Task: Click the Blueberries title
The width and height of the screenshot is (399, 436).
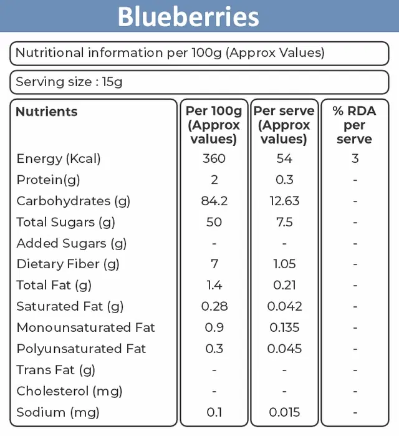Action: (x=188, y=17)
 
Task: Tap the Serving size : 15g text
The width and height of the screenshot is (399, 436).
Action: (x=69, y=82)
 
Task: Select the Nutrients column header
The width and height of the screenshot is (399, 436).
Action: (x=46, y=112)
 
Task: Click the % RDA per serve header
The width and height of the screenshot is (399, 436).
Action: (x=354, y=125)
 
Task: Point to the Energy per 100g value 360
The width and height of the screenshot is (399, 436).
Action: (x=214, y=158)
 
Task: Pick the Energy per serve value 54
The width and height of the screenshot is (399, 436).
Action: (x=284, y=158)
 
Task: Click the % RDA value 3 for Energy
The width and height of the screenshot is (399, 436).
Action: (x=355, y=158)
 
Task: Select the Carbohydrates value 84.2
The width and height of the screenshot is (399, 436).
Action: (x=214, y=201)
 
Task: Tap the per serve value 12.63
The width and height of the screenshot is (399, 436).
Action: (x=284, y=201)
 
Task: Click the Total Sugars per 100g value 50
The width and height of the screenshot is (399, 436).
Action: (x=214, y=222)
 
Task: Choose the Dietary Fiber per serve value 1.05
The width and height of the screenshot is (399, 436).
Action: (x=284, y=264)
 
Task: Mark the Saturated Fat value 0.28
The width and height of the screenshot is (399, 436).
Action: (x=214, y=306)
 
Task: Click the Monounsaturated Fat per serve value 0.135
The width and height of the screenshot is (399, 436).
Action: (x=284, y=327)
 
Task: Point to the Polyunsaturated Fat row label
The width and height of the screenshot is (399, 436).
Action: (x=81, y=349)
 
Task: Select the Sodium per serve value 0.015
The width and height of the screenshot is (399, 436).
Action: (x=284, y=412)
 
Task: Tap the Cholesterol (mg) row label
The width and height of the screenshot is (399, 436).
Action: (x=69, y=391)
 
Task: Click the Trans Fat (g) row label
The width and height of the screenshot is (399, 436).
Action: (x=56, y=370)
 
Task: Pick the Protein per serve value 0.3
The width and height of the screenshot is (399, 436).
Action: (x=284, y=180)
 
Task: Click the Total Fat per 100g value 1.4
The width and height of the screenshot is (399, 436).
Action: (x=214, y=285)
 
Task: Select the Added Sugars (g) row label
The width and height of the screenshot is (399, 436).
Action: (x=72, y=243)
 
